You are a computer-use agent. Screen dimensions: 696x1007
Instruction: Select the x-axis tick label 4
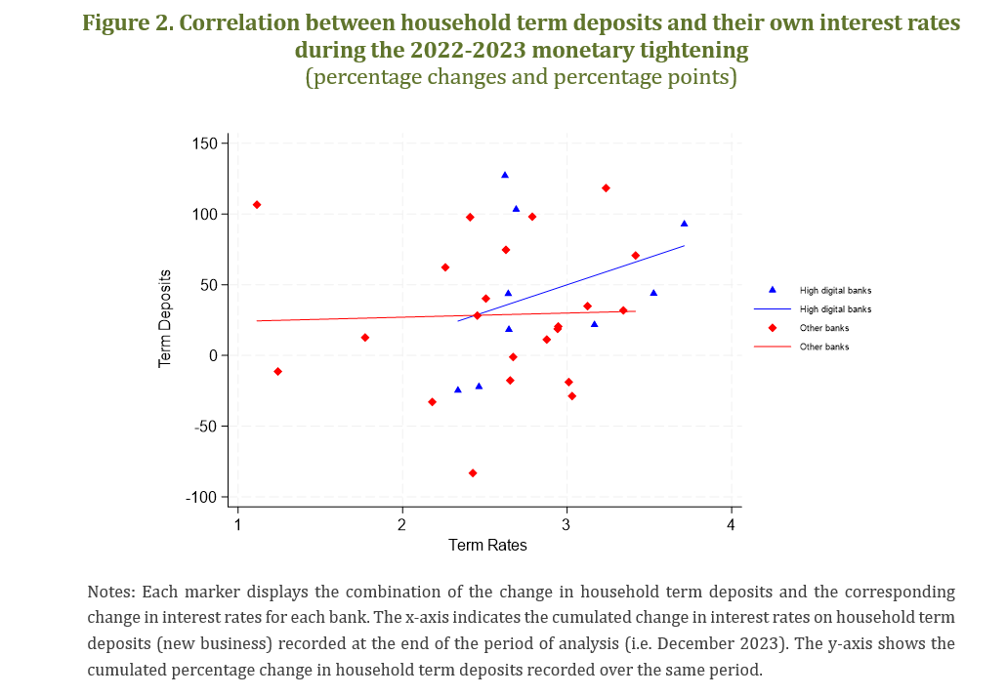point(731,525)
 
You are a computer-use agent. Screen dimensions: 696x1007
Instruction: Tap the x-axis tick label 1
point(237,525)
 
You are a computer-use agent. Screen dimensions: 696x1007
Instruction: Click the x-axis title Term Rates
point(487,546)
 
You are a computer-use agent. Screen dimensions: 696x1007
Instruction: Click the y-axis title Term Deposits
point(165,319)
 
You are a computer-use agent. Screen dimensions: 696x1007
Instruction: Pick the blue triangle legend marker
point(773,290)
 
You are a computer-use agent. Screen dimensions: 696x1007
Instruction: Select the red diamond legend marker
point(773,328)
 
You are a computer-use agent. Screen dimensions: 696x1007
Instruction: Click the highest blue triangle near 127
point(505,175)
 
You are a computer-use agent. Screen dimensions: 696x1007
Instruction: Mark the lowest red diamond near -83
point(473,472)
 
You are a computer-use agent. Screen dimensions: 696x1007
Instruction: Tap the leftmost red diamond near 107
point(257,204)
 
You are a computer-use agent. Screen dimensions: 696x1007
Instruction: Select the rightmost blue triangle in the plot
point(684,224)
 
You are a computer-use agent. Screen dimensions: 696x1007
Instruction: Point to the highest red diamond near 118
point(606,187)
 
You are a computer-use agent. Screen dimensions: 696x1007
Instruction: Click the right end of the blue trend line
point(684,246)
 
